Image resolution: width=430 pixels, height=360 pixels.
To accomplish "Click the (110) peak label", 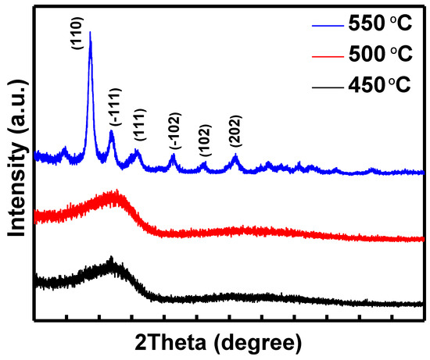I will point(79,41).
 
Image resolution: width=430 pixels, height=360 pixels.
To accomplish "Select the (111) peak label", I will point(141,125).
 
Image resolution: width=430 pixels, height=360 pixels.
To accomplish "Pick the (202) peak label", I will point(236,131).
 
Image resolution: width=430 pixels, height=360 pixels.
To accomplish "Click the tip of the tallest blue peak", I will point(91,33).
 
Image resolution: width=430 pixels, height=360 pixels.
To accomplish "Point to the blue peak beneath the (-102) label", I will point(174,156).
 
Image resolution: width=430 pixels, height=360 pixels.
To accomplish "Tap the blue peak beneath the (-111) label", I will point(112,133).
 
